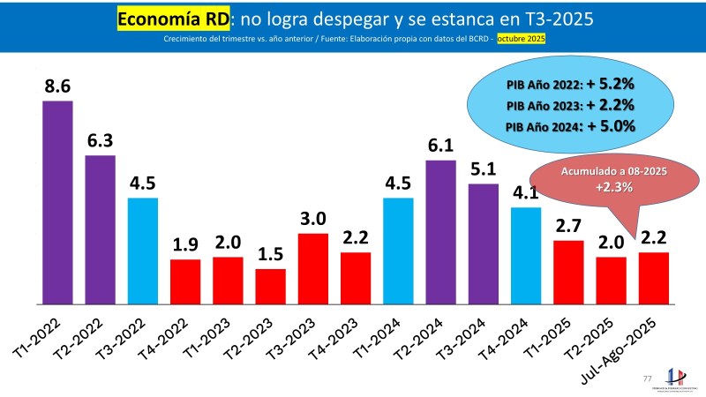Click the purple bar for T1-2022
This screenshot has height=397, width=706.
tap(57, 201)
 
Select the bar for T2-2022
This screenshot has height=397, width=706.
tap(100, 228)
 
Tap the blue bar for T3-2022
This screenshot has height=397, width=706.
tap(143, 250)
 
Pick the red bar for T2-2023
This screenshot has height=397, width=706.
tap(270, 285)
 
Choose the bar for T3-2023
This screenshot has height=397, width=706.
tap(313, 267)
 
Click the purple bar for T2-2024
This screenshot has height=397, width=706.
tap(440, 231)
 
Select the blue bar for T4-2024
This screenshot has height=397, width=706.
tap(526, 255)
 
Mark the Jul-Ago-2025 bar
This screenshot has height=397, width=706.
tap(654, 277)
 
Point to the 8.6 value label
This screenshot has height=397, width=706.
tap(57, 86)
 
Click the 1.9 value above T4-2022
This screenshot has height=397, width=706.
tap(185, 245)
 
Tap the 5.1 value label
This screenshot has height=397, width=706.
tap(483, 169)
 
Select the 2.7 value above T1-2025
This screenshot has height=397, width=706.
tap(568, 227)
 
